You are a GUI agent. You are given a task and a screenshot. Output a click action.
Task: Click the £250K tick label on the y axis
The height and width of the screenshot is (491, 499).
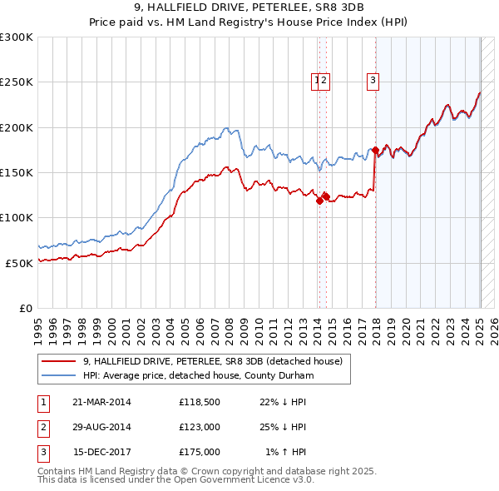(17, 82)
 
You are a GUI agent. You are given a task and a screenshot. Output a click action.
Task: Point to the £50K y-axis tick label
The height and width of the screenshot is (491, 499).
(19, 262)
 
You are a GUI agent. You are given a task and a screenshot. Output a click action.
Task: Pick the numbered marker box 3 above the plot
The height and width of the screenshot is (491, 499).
(373, 81)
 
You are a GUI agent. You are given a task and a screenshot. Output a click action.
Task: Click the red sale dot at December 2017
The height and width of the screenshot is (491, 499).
(376, 151)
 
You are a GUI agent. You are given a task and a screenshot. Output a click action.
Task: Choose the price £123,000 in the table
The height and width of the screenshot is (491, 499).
(199, 428)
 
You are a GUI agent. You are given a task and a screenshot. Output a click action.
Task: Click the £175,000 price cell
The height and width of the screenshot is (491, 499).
(199, 453)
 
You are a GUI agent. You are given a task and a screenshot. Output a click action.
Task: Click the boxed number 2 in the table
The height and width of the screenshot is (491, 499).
(42, 428)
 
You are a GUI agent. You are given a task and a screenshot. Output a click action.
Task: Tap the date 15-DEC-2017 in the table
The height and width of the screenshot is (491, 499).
(102, 453)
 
